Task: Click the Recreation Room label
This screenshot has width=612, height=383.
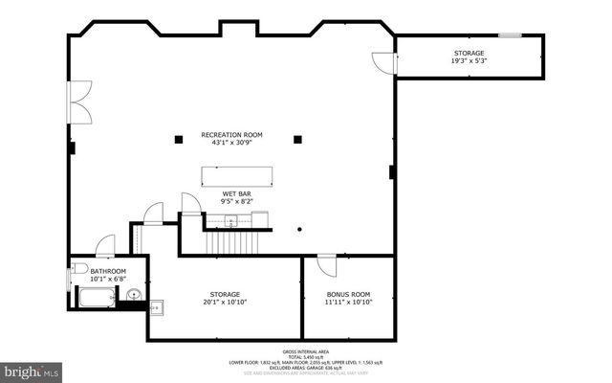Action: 231,135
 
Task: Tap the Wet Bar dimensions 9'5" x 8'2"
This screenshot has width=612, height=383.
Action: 237,202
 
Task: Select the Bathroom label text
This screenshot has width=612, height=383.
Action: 107,272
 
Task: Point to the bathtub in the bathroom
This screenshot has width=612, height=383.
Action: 93,298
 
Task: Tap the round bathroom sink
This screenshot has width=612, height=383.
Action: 134,295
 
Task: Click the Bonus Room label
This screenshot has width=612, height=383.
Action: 348,294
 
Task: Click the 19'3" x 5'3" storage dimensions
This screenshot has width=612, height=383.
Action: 469,61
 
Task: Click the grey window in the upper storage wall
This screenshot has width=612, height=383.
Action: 510,35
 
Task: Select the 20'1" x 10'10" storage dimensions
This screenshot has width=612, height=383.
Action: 225,303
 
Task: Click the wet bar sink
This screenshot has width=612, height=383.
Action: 230,221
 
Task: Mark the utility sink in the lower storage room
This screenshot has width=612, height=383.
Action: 156,307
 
